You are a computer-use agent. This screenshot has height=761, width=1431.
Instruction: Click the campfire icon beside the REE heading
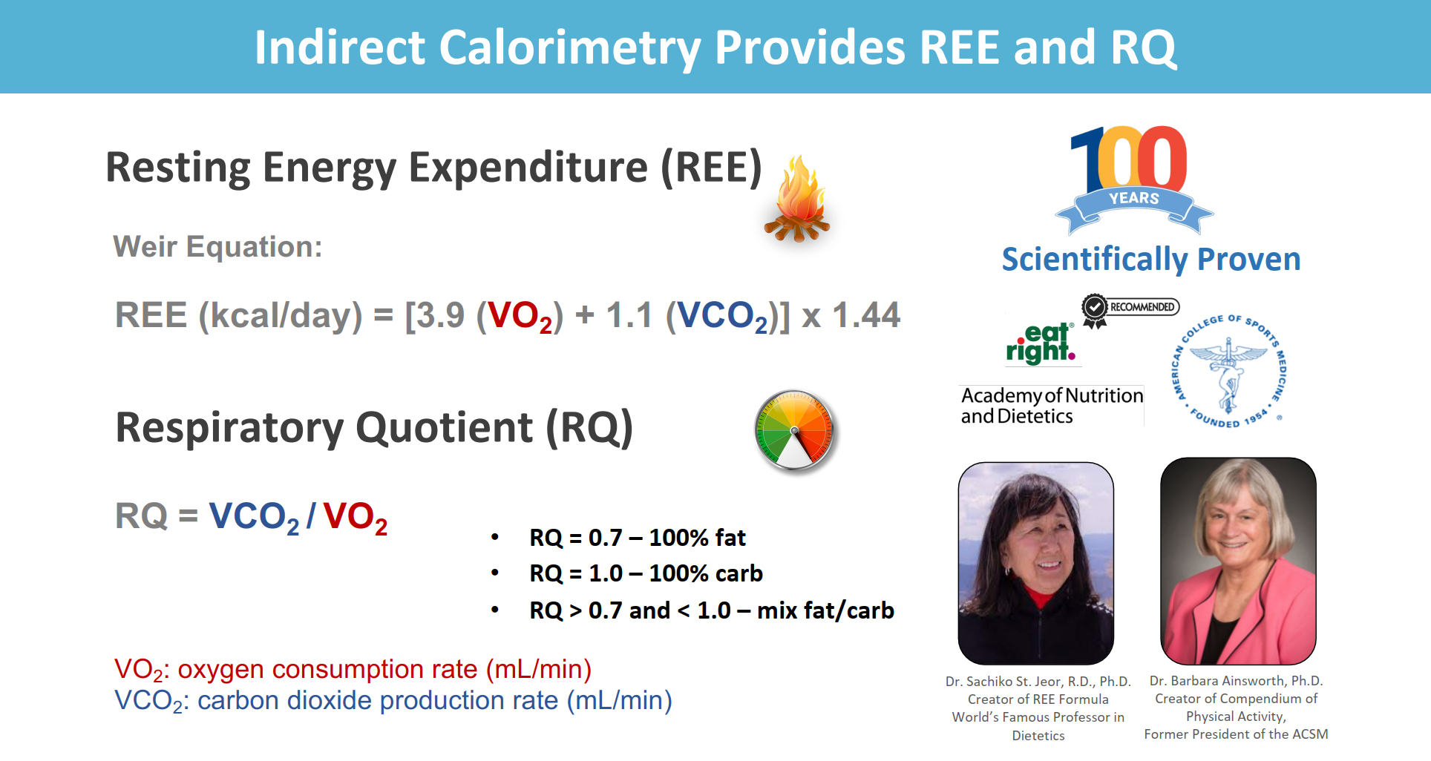click(797, 198)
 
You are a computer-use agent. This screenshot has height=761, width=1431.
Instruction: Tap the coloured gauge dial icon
click(795, 430)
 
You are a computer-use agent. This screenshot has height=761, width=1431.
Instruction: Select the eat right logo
click(1041, 343)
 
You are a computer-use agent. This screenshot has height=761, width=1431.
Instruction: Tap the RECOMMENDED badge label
click(1130, 308)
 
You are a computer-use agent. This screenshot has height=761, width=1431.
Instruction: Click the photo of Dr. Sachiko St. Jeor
click(1036, 563)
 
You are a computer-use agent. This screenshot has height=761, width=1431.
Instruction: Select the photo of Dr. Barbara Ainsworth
click(1238, 561)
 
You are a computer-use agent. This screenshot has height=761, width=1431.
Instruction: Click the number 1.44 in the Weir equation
click(866, 315)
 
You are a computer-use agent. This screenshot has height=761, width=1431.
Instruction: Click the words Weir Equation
click(217, 247)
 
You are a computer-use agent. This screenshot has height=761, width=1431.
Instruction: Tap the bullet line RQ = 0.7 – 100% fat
click(638, 538)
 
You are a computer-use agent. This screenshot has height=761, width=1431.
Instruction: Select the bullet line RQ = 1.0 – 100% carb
click(646, 573)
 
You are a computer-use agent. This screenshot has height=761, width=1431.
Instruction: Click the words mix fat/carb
click(825, 610)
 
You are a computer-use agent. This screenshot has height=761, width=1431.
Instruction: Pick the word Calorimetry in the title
click(569, 47)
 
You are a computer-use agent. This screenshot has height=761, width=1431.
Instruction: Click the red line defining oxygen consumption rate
click(353, 670)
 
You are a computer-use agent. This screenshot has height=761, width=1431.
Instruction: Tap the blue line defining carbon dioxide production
click(393, 701)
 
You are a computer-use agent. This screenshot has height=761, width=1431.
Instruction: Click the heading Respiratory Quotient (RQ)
click(374, 428)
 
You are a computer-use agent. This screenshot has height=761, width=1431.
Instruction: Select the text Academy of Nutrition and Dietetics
click(1052, 406)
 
